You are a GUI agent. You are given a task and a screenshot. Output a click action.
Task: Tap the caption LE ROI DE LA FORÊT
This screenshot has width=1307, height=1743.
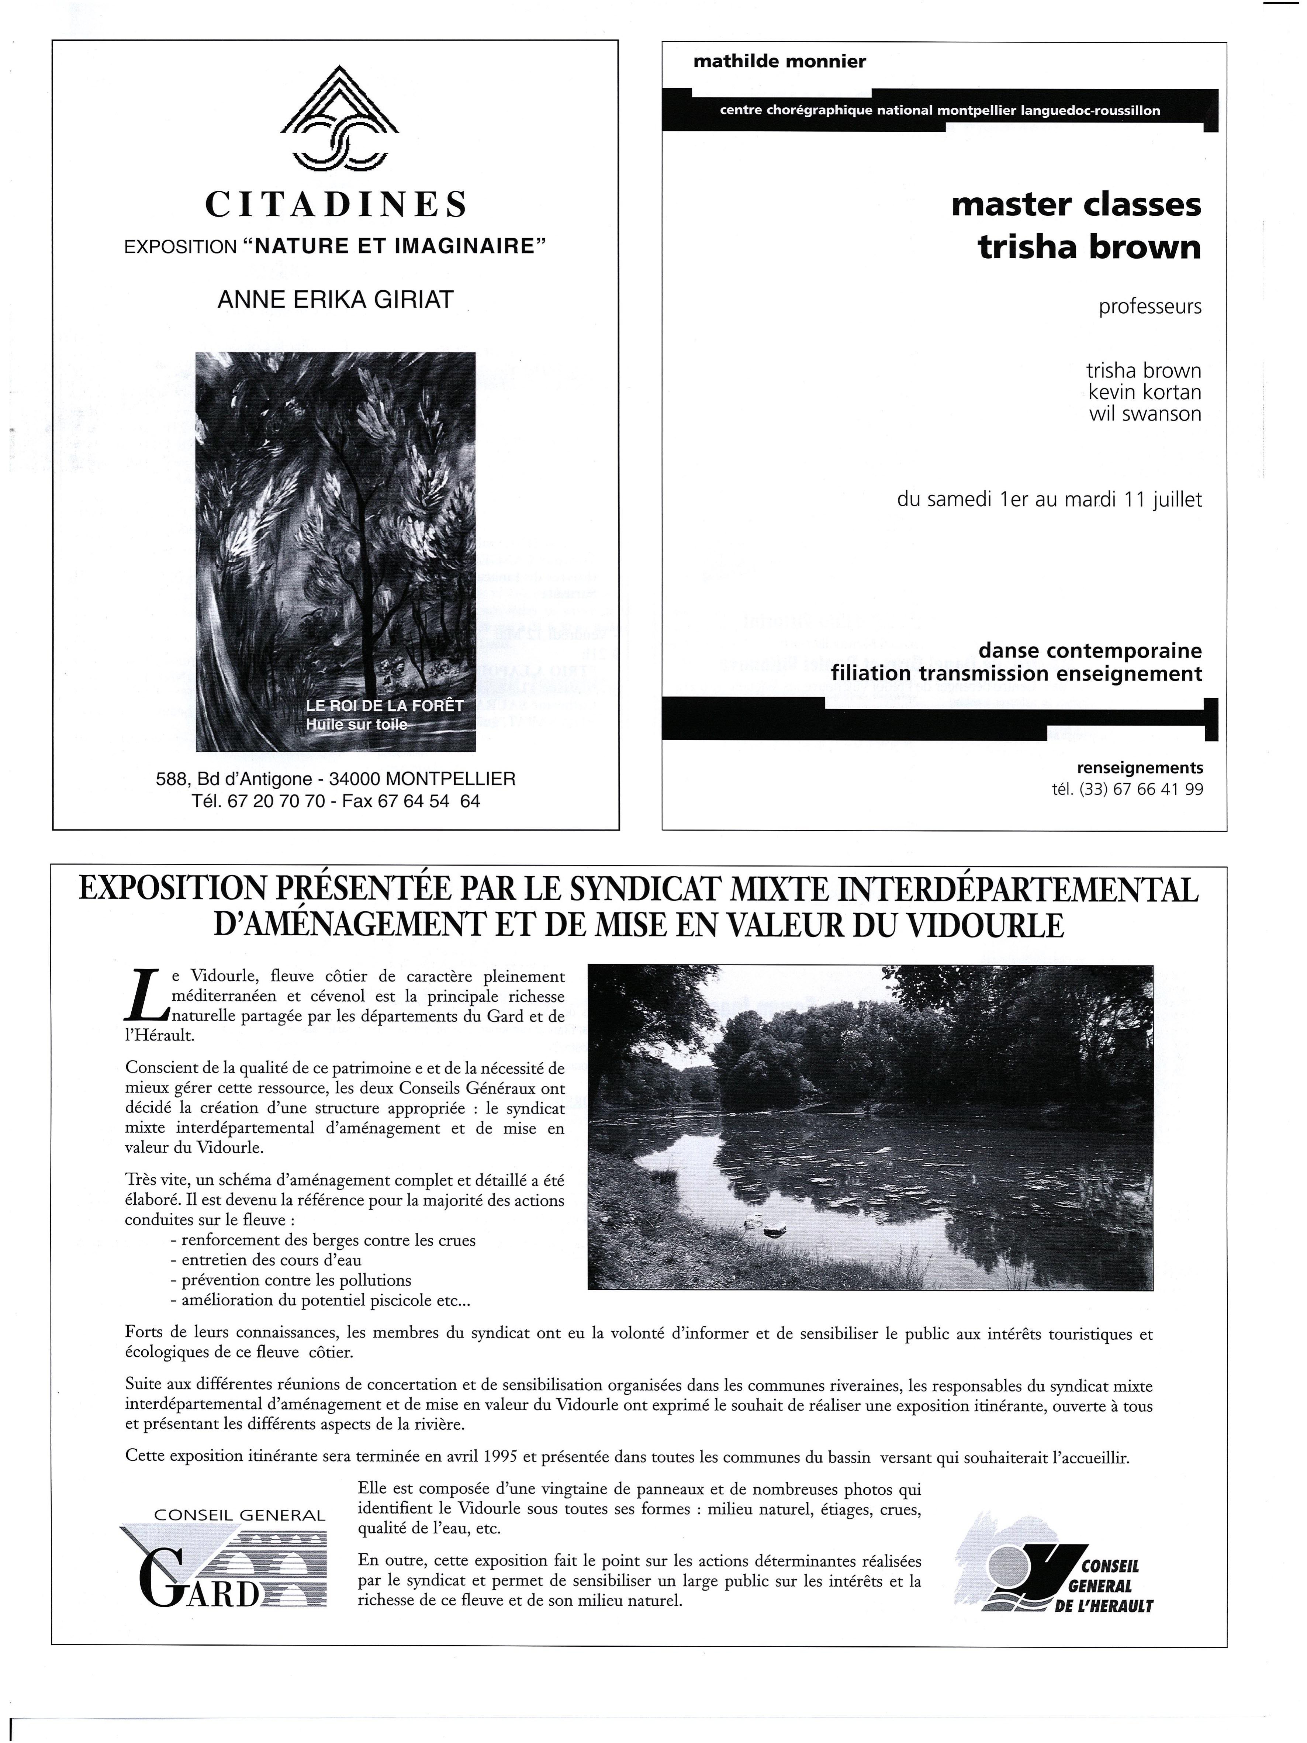click(x=384, y=706)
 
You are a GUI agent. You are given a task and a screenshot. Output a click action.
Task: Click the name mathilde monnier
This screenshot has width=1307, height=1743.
click(x=779, y=62)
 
